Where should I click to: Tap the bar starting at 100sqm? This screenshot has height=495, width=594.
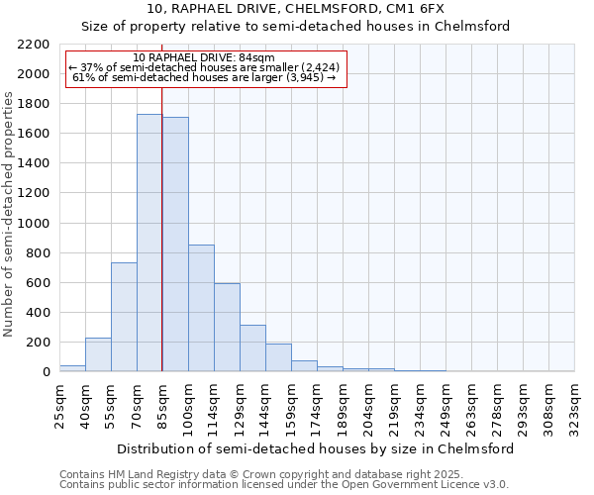[201, 308]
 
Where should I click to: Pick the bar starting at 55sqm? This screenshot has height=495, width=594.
[124, 317]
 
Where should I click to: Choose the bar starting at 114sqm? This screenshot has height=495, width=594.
[227, 327]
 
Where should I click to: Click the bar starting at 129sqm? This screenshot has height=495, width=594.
[252, 347]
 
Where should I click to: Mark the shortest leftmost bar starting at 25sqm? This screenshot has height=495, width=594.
[72, 368]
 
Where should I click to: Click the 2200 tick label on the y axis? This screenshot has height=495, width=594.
[34, 45]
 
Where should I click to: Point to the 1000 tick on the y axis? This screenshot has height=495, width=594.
[34, 224]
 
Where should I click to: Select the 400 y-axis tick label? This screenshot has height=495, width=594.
[38, 313]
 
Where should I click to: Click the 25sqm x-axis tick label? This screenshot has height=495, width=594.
[59, 406]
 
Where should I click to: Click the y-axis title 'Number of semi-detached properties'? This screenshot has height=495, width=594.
[10, 214]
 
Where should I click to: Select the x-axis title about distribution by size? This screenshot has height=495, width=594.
[316, 448]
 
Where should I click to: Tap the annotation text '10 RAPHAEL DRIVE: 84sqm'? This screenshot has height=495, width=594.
[204, 58]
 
